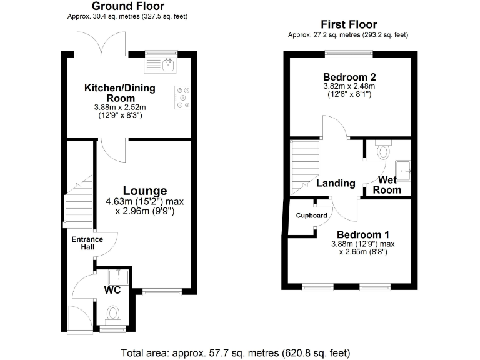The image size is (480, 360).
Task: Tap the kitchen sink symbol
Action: (167, 63)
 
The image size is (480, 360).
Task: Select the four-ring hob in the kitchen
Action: (184, 97)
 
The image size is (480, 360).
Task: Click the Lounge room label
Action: (144, 191)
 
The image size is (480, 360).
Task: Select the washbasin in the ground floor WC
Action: (118, 276)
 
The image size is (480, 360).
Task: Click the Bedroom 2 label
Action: (349, 77)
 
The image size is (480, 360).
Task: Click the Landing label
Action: (336, 184)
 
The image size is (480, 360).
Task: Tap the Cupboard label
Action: (312, 216)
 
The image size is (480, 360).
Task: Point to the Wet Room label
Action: (387, 185)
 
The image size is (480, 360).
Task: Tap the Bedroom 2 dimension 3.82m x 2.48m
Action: (349, 86)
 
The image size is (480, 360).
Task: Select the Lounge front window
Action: (162, 291)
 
